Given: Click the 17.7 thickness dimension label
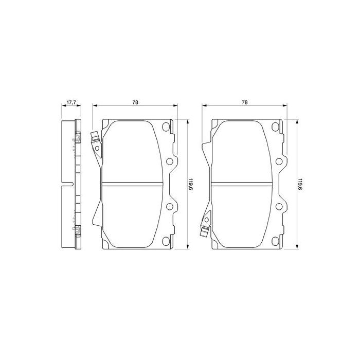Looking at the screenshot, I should pos(70,102).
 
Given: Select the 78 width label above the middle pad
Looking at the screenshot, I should pos(135,102).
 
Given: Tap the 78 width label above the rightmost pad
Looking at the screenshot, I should pos(245,102).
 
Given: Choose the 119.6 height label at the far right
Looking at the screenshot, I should pos(300,184).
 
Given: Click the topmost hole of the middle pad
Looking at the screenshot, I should pos(166,128).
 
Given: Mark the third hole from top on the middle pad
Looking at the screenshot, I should pos(169,207).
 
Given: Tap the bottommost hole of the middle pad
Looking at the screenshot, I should pos(166,240).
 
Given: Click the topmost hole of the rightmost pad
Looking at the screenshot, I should pos(275,128).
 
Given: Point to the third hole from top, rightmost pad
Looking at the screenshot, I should pos(279,207).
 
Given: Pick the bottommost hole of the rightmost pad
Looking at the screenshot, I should pos(275,240).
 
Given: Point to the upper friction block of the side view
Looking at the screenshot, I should pos(67,152).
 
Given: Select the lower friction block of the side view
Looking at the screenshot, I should pos(67,216).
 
